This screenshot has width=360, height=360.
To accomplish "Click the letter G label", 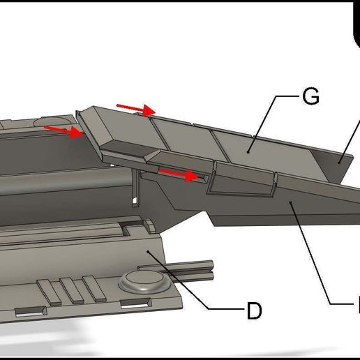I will point(310,98).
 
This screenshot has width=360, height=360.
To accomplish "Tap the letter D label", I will point(254,311).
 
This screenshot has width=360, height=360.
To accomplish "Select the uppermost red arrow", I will point(136,108).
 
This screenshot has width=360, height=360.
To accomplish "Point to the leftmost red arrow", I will point(63,129).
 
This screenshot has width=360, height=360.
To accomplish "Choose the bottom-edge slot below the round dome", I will point(136,302).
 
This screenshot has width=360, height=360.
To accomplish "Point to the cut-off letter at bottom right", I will point(356,304).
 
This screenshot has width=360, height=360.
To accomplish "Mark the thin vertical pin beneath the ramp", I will point(136,192).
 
